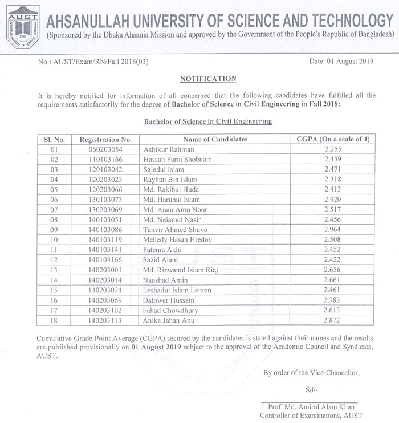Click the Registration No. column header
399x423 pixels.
pos(106,139)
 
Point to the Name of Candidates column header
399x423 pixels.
pos(215,139)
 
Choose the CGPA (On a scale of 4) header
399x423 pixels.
pos(333,139)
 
